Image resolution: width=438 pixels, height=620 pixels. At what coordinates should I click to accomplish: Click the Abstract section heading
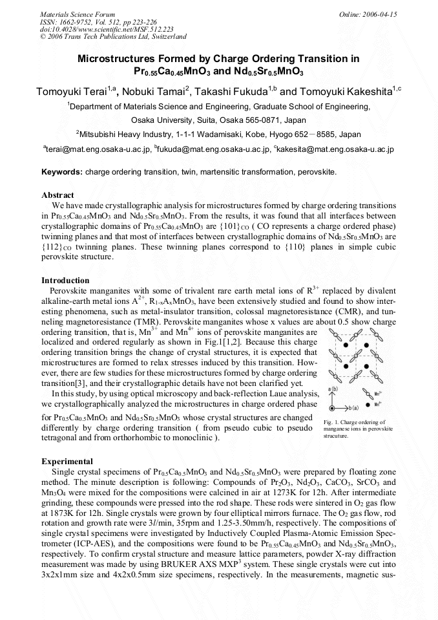click(x=57, y=195)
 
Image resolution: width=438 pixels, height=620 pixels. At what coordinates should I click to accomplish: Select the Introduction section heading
click(x=65, y=281)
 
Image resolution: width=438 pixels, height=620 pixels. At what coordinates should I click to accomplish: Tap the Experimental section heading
click(x=67, y=462)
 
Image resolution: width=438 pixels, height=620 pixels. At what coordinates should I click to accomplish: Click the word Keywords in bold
click(x=61, y=172)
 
